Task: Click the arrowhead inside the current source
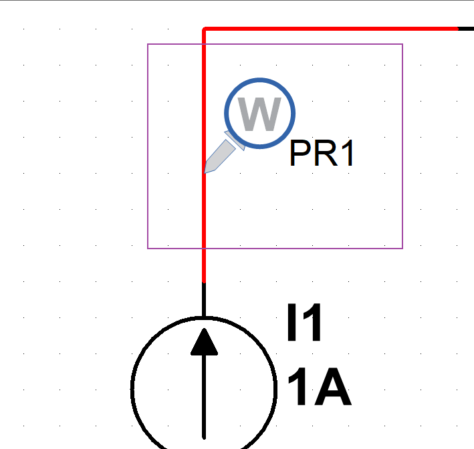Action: tap(204, 341)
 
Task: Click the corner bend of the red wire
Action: tap(204, 29)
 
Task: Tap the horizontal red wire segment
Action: tap(334, 29)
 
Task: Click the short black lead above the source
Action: tap(204, 299)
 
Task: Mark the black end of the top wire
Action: tap(466, 29)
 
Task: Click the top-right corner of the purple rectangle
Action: tap(402, 45)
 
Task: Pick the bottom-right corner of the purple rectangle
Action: tap(402, 249)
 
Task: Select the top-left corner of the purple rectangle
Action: tap(148, 45)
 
